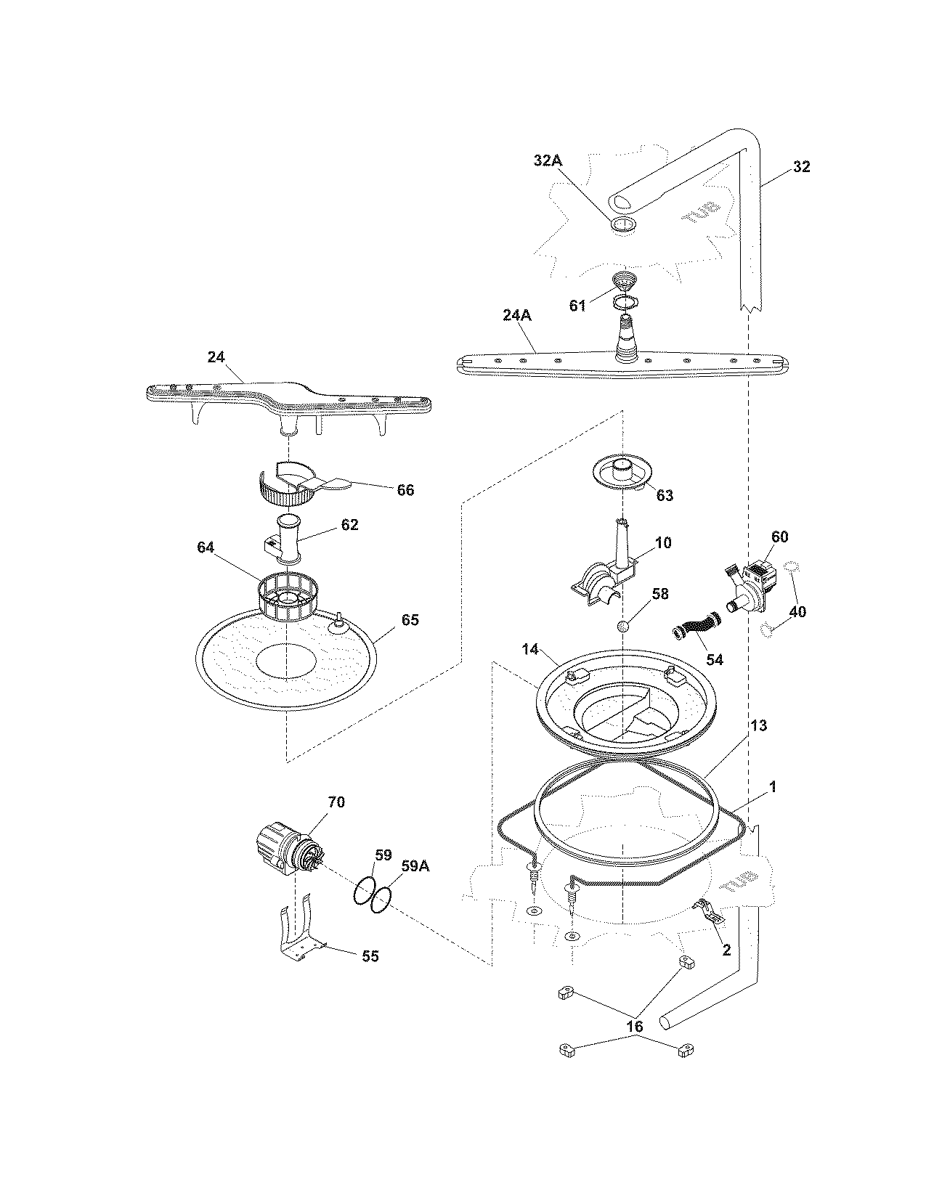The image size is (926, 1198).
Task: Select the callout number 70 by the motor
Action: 336,802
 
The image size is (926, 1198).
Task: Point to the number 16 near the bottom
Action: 635,1027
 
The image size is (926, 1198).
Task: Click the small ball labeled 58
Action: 622,626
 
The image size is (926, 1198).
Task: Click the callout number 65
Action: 410,620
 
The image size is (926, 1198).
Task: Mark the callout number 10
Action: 663,543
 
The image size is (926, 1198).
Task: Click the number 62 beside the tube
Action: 349,525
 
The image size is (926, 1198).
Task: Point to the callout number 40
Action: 797,612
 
